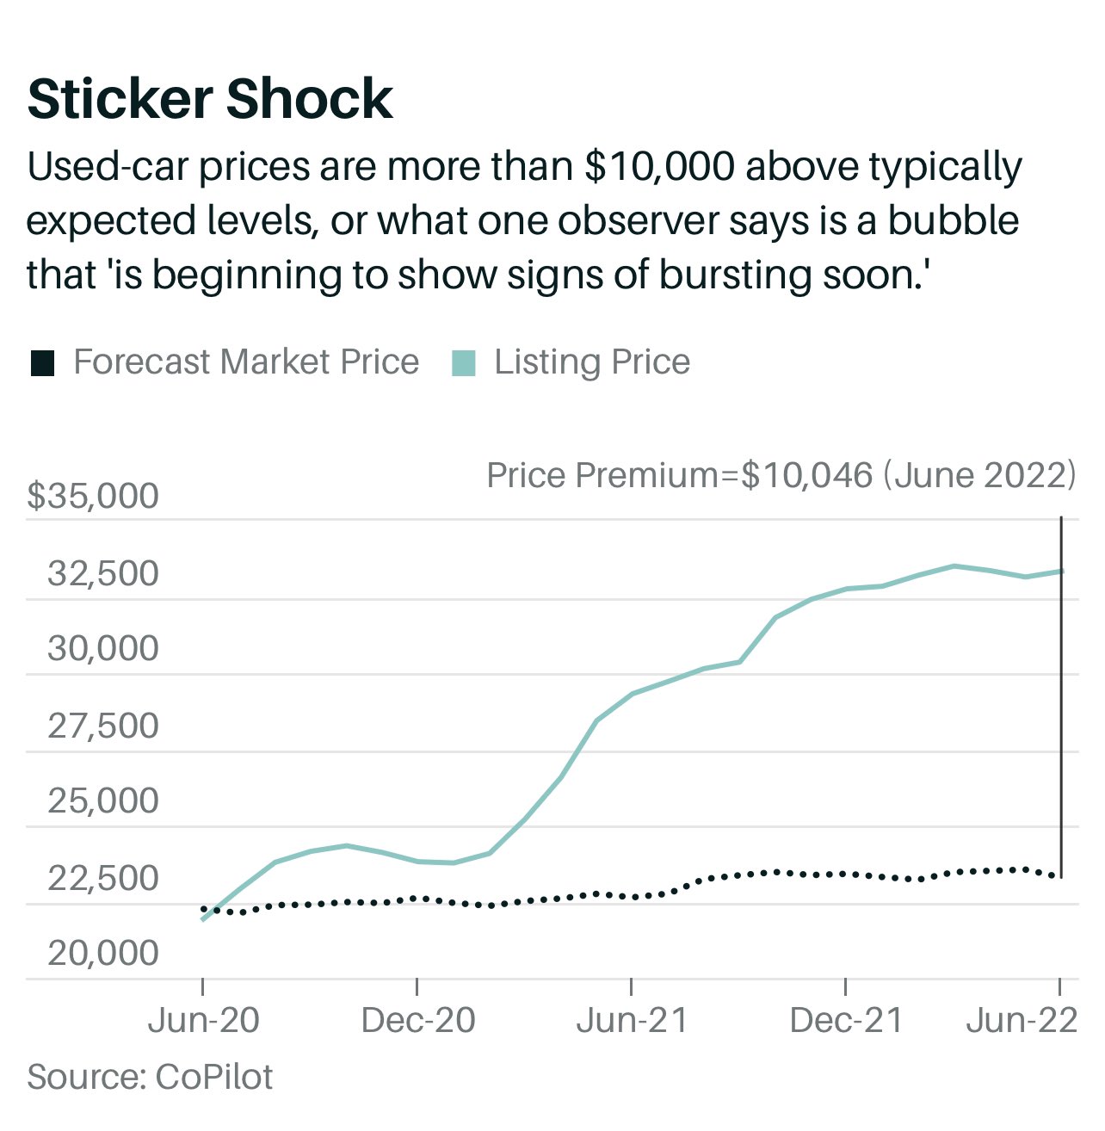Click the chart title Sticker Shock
click(210, 99)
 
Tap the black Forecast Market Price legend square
click(42, 363)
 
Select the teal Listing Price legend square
click(464, 363)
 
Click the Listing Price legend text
click(592, 362)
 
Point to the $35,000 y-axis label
click(93, 497)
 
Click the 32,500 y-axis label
click(103, 573)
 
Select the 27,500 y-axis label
click(103, 726)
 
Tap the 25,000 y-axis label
click(103, 801)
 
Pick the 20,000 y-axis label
click(103, 954)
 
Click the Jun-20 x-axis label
click(203, 1021)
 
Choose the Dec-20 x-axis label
click(418, 1021)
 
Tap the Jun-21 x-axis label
click(632, 1021)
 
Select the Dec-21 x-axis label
click(846, 1021)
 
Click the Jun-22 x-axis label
click(1022, 1021)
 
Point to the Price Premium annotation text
click(781, 475)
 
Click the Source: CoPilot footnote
click(150, 1077)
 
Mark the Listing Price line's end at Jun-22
click(1061, 571)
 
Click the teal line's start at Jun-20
click(203, 919)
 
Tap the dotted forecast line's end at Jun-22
click(1059, 875)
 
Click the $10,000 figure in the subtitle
click(659, 167)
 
